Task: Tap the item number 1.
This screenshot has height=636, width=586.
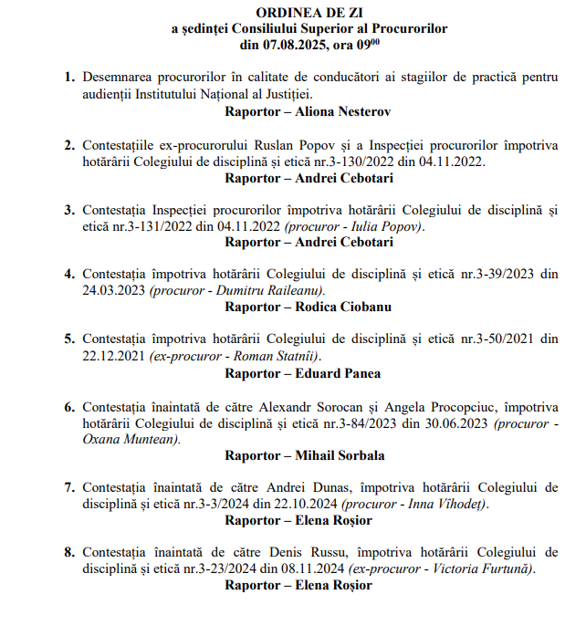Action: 69,78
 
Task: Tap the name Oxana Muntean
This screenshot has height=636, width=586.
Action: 131,439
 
